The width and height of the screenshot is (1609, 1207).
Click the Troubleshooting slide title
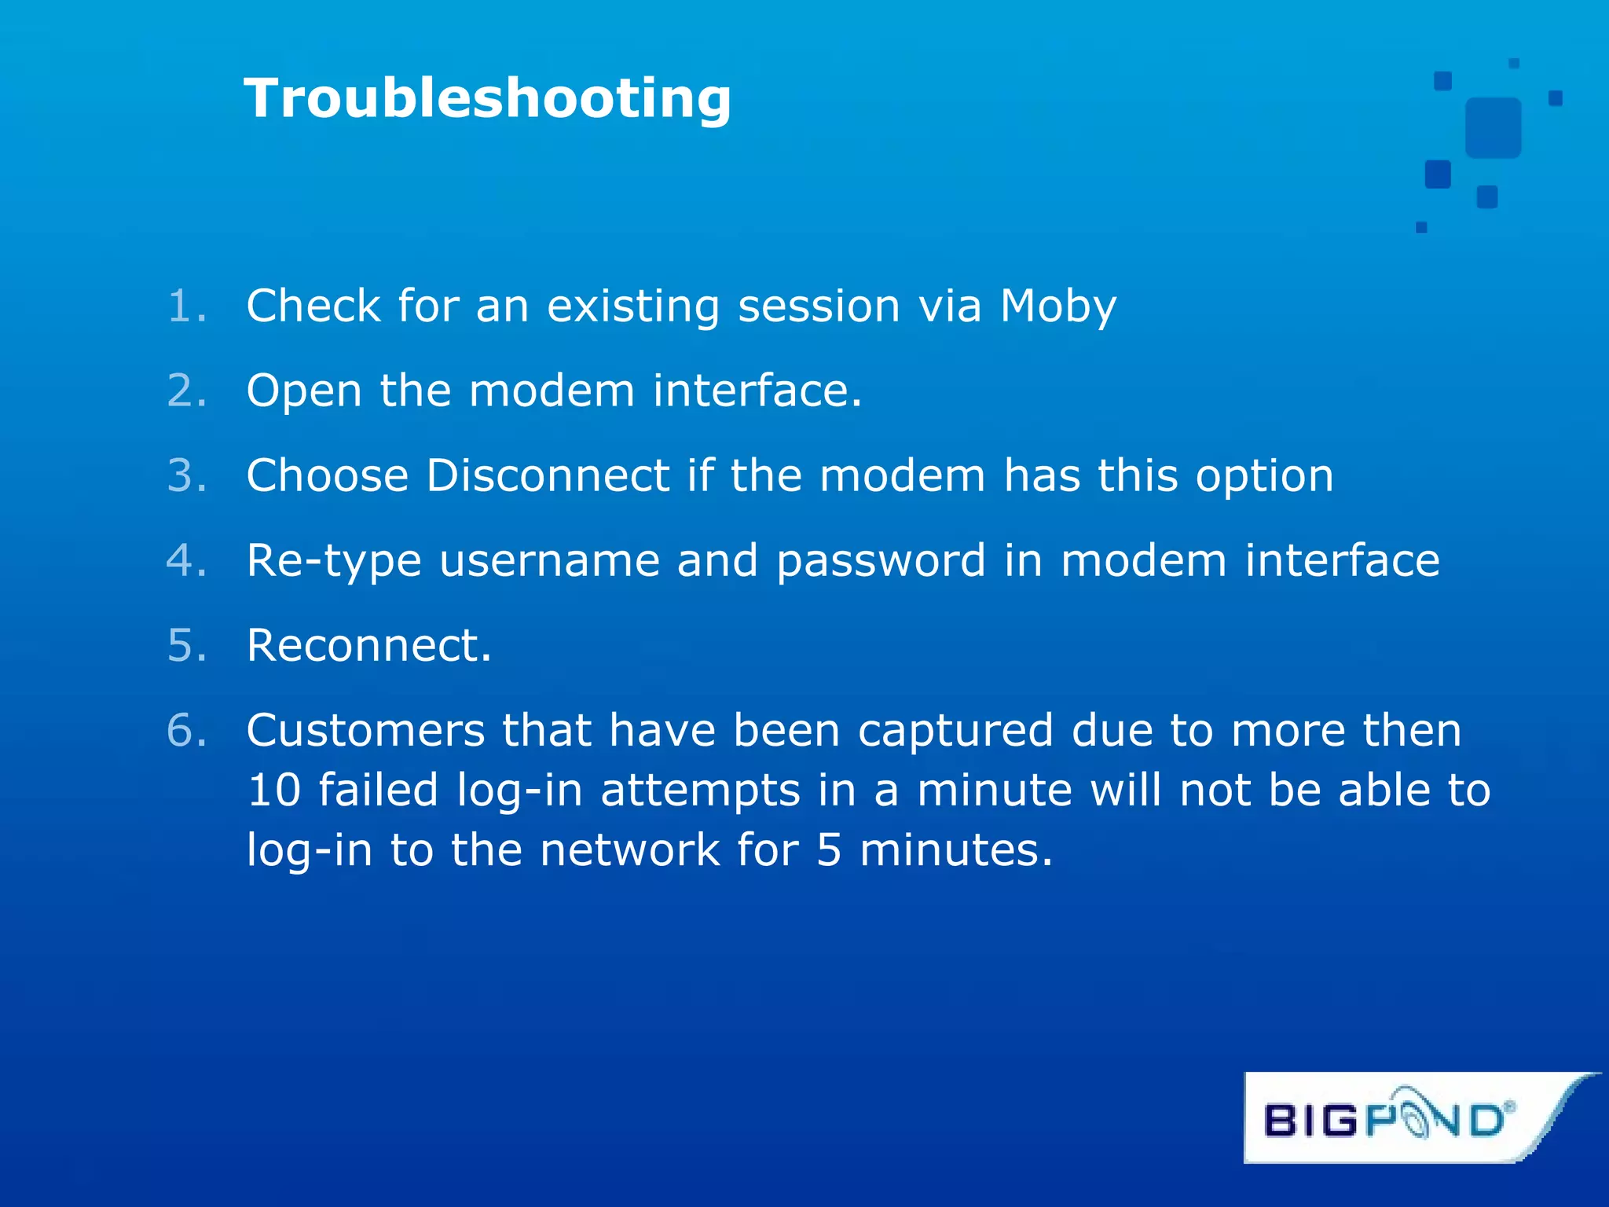pos(487,99)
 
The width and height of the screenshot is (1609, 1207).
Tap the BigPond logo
pos(1389,1118)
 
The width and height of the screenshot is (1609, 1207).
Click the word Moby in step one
pos(1057,306)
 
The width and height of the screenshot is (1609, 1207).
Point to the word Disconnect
pos(548,475)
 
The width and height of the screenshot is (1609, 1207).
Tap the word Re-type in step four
pos(334,561)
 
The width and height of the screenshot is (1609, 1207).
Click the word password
pos(881,561)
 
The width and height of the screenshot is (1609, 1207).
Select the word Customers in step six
pos(365,730)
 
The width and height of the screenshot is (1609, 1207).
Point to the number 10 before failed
pos(274,790)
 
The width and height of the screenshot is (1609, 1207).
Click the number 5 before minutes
pos(829,850)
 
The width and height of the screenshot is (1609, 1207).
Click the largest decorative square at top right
pos(1493,127)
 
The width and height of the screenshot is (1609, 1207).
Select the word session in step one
pos(819,306)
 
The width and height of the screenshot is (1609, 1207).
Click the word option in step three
pos(1264,475)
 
